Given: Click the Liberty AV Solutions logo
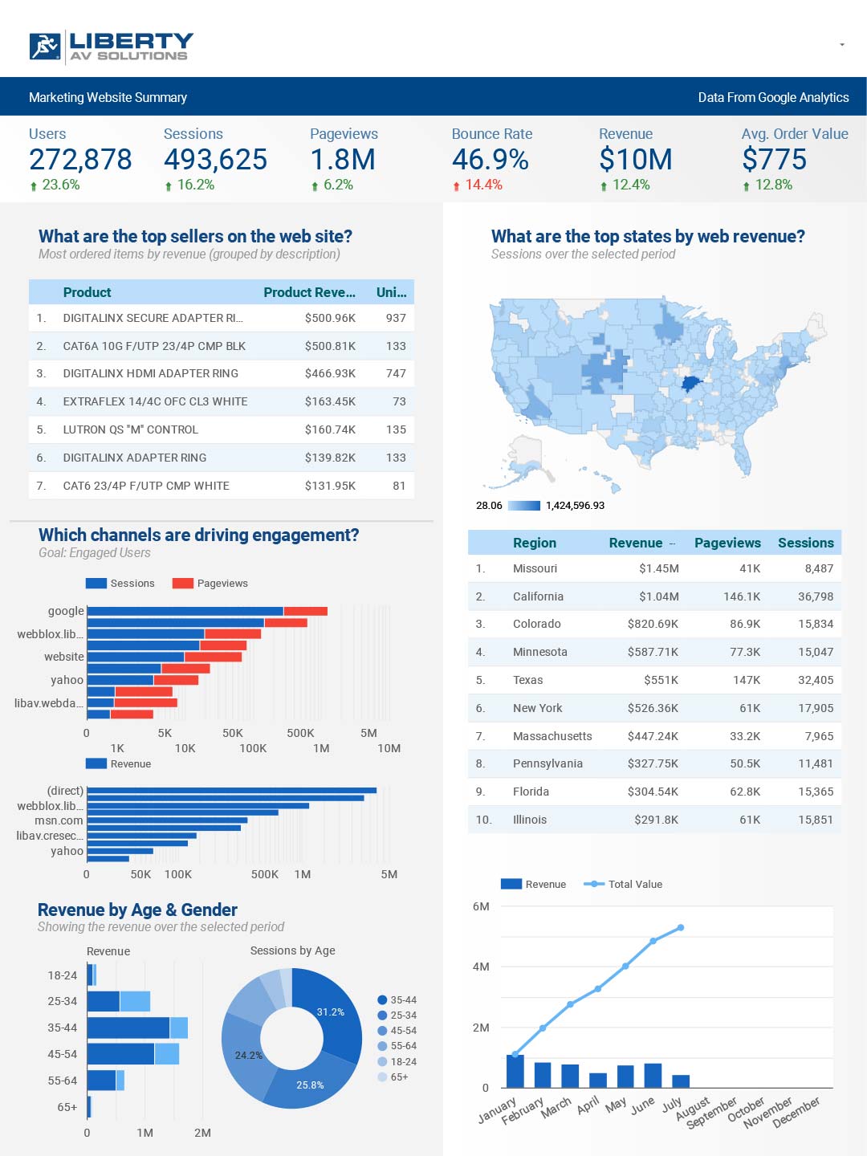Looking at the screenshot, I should [x=112, y=47].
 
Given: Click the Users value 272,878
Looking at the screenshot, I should [x=80, y=160].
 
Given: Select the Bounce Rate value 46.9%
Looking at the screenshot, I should [x=490, y=160].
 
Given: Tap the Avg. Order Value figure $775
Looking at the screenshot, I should [x=774, y=160].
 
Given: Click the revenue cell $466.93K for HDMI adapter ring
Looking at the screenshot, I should [x=330, y=373].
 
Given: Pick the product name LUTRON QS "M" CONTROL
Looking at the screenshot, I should [x=130, y=429].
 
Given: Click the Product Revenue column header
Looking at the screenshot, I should [x=309, y=292].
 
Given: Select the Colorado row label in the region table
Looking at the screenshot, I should [x=536, y=624].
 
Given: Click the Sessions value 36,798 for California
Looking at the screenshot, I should [x=815, y=596].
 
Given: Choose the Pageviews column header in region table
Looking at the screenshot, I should [x=727, y=543].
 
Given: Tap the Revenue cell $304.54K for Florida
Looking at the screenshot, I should [x=653, y=792].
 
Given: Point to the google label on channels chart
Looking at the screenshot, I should [x=66, y=611].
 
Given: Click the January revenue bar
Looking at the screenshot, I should [x=515, y=1071].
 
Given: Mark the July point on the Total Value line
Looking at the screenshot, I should [x=681, y=927].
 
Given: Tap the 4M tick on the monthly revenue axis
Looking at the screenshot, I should [x=481, y=967].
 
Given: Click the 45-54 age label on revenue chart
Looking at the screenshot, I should [x=62, y=1054].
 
